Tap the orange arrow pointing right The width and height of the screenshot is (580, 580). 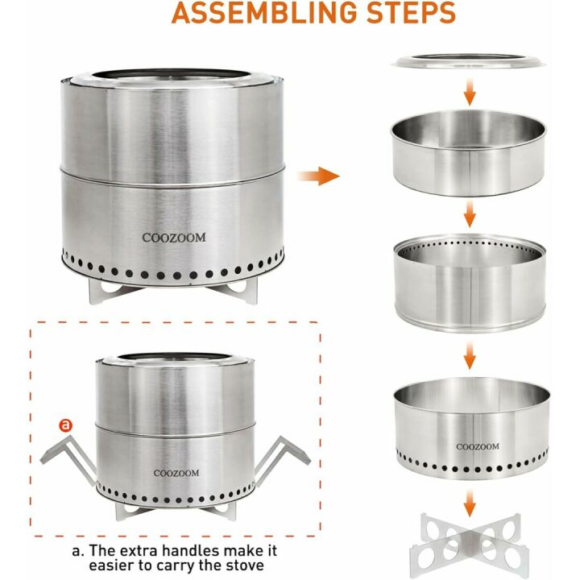[x=318, y=176]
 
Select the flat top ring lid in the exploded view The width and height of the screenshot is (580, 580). [x=468, y=61]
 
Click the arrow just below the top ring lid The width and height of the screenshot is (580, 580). [x=470, y=91]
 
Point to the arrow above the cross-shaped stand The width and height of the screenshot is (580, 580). [x=470, y=503]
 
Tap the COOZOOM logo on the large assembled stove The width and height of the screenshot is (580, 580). [x=174, y=238]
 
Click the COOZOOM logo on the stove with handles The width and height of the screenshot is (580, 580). [x=176, y=473]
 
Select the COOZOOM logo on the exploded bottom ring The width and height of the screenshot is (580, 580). [x=478, y=447]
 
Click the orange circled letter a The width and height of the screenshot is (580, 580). [x=65, y=425]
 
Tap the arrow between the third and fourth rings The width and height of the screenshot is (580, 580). [x=470, y=355]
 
